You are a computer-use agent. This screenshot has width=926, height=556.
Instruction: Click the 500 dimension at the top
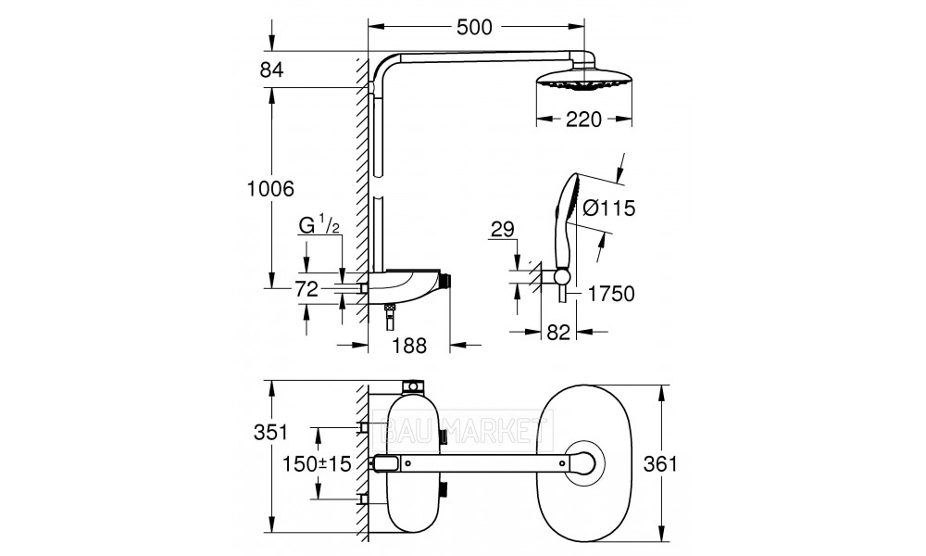(x=474, y=27)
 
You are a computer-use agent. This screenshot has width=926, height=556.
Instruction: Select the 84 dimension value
(x=271, y=69)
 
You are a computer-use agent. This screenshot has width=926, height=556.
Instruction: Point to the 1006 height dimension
(x=270, y=189)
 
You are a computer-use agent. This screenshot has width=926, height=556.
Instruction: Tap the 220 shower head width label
(x=583, y=120)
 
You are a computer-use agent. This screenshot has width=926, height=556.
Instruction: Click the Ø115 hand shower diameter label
(x=608, y=208)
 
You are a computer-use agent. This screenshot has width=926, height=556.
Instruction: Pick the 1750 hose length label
(x=611, y=294)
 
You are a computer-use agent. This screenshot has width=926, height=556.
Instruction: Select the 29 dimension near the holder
(x=503, y=229)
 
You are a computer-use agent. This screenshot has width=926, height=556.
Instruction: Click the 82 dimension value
(x=558, y=332)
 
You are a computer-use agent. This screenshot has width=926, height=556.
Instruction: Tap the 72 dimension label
(x=307, y=289)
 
